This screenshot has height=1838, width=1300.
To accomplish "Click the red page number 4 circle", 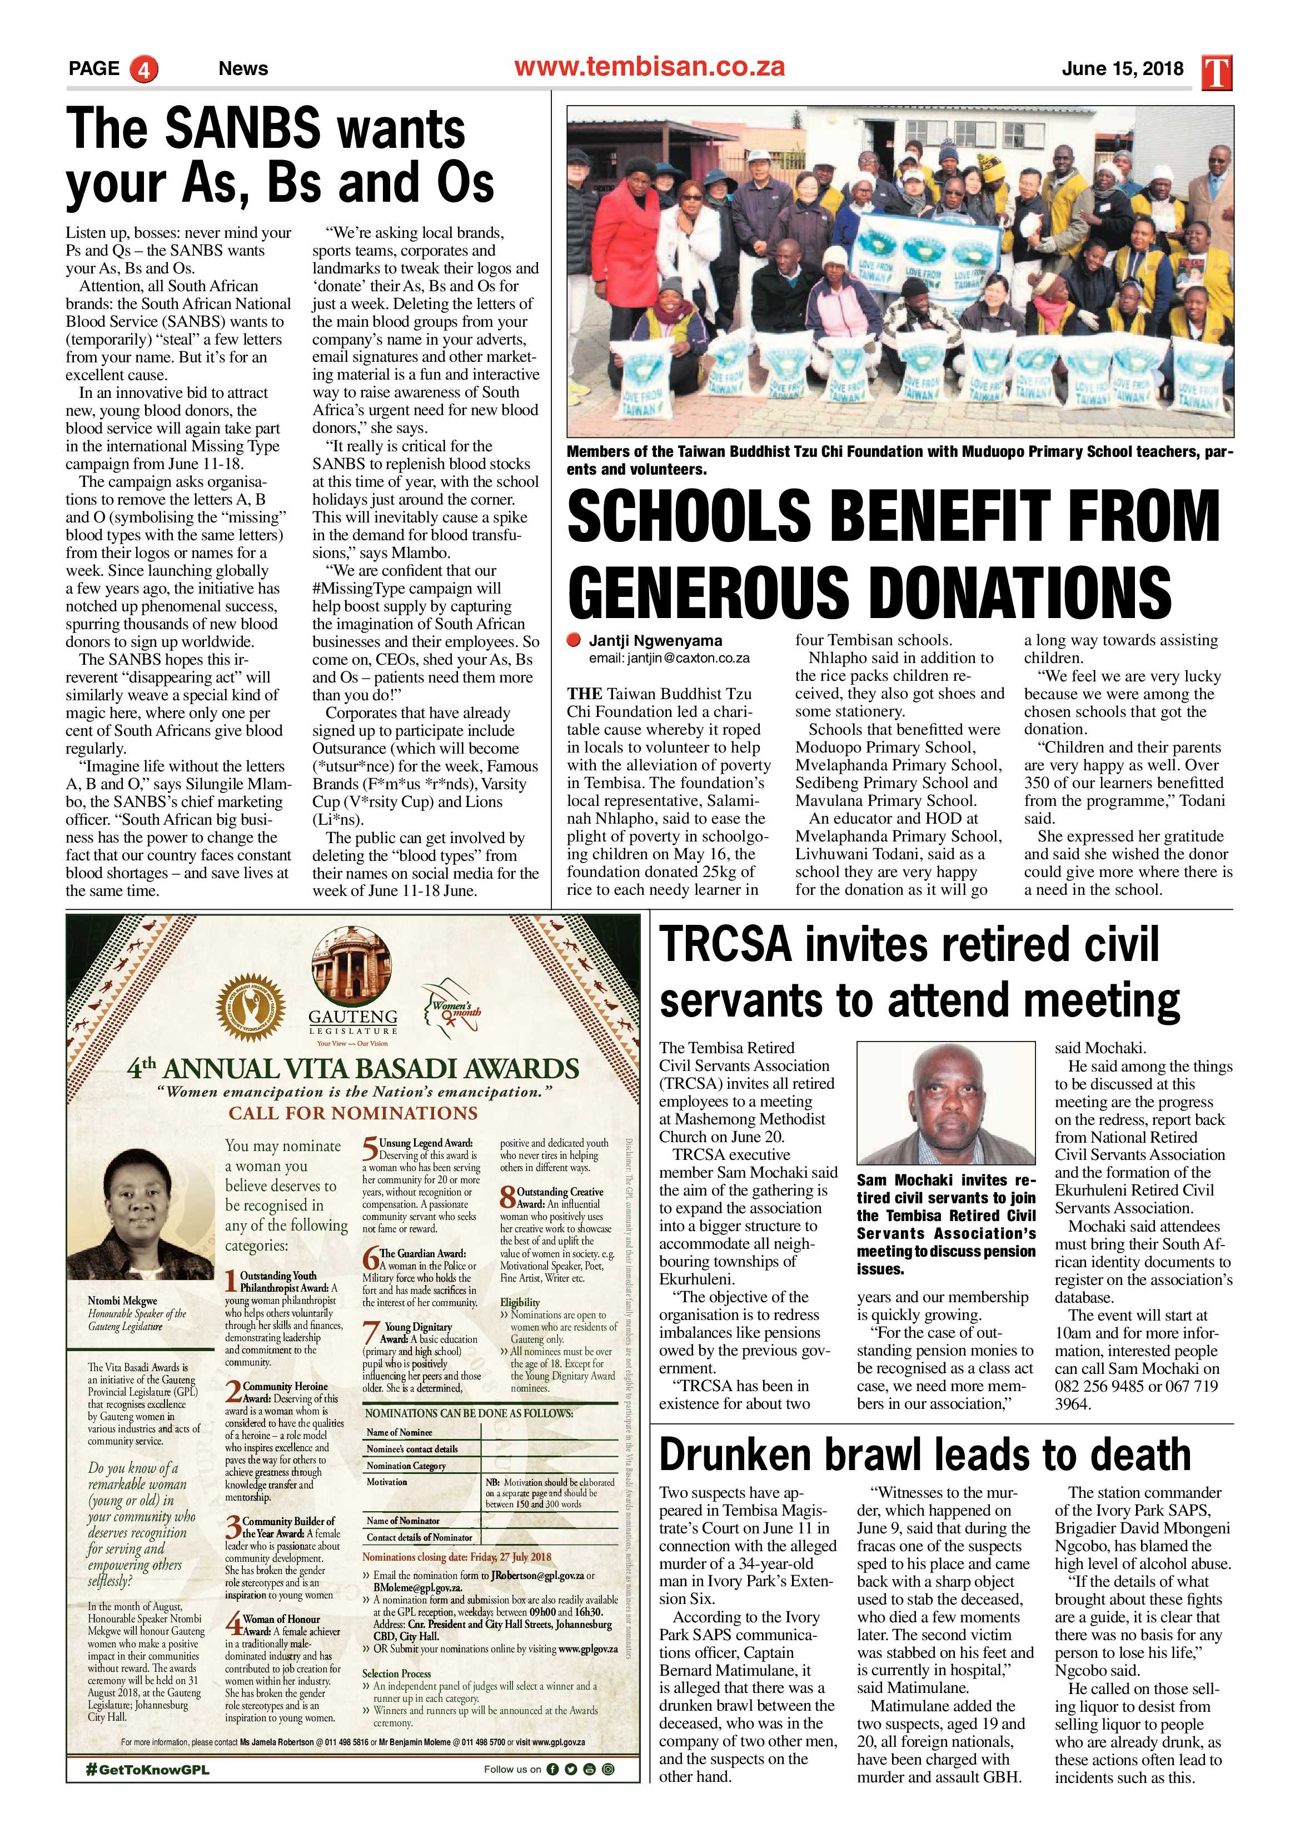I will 143,69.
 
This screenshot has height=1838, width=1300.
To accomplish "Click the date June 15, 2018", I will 1122,69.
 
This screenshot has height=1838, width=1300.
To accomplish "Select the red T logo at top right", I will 1216,72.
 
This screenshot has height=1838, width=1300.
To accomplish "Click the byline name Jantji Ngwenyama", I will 655,640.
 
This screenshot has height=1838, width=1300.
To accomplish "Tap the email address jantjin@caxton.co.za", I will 669,658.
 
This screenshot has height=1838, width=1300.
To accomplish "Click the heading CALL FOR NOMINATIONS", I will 352,1113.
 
